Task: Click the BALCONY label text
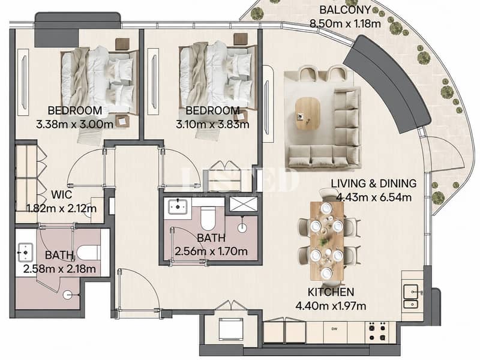click(x=345, y=10)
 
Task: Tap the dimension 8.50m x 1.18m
click(x=346, y=23)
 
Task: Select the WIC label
click(x=62, y=194)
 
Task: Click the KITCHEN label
click(x=331, y=292)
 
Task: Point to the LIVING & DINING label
click(x=374, y=184)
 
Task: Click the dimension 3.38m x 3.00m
click(x=74, y=124)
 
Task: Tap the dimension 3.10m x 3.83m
click(x=212, y=124)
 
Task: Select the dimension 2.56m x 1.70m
click(x=211, y=251)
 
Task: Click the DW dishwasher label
click(x=334, y=329)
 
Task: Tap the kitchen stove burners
click(x=377, y=331)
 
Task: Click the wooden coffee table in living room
click(x=308, y=114)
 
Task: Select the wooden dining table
click(x=327, y=241)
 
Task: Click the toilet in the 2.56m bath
click(x=208, y=218)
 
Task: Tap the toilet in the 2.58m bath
click(x=88, y=253)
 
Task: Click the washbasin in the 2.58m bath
click(x=25, y=253)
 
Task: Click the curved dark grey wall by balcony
click(x=386, y=83)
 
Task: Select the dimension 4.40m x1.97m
click(x=331, y=306)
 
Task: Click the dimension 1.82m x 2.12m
click(x=62, y=208)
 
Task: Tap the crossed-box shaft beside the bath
click(x=244, y=204)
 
